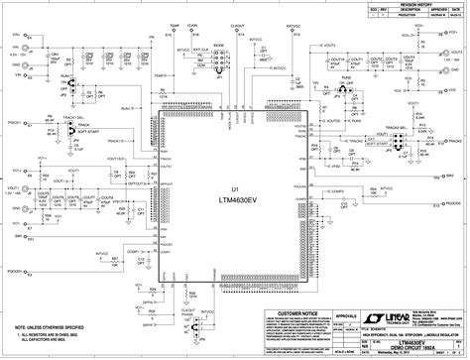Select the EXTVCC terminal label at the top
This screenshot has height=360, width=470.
(294, 19)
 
